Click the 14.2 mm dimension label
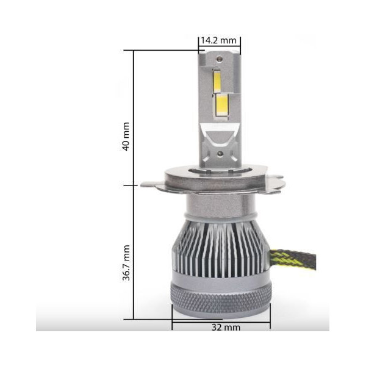pyautogui.click(x=219, y=40)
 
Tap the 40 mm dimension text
pyautogui.click(x=126, y=136)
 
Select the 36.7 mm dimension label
pyautogui.click(x=126, y=262)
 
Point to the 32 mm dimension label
pyautogui.click(x=226, y=327)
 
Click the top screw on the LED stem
pyautogui.click(x=219, y=59)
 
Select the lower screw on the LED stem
pyautogui.click(x=220, y=153)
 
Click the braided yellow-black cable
pyautogui.click(x=293, y=261)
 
